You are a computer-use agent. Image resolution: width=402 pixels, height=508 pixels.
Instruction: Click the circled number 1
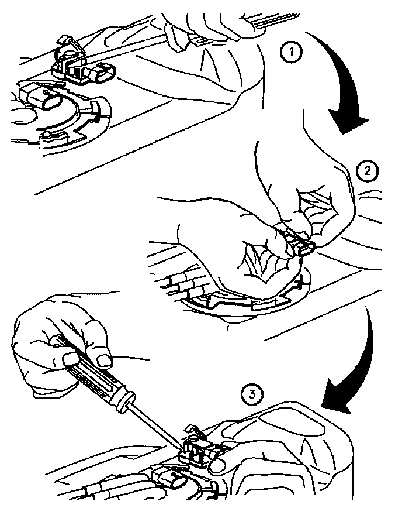tap(291, 52)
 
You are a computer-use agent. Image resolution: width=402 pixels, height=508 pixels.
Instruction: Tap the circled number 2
tap(368, 171)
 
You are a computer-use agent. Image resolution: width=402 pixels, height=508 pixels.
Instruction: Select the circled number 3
tap(252, 394)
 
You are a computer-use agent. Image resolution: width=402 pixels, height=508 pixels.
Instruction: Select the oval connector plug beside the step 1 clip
tap(103, 73)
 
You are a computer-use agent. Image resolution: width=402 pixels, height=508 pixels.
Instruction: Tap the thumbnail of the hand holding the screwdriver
tap(71, 359)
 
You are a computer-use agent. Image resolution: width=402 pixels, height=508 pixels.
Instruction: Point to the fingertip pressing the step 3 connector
tap(217, 465)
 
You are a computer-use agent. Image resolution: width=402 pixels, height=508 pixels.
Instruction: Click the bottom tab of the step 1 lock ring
tap(53, 138)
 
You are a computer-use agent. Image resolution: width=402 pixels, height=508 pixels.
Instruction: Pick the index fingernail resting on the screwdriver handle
tap(103, 361)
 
